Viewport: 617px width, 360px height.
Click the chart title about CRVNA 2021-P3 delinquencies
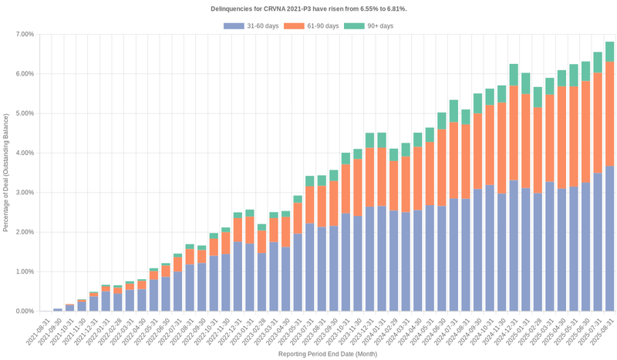308,8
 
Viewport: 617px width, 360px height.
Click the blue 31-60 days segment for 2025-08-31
609,239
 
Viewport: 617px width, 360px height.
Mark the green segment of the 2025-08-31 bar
609,52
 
